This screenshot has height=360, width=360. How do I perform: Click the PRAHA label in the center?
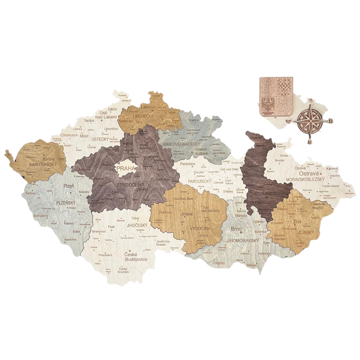click(x=126, y=168)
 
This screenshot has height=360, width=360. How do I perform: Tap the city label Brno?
click(x=236, y=229)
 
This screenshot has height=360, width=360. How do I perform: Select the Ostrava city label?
click(x=309, y=174)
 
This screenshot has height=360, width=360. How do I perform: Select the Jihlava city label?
click(x=186, y=213)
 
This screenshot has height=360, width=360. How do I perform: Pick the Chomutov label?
click(x=69, y=135)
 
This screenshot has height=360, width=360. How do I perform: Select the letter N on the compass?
click(x=310, y=100)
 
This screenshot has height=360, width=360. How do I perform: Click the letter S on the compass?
click(x=309, y=142)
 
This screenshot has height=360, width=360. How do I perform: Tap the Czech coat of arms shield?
click(x=276, y=97)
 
